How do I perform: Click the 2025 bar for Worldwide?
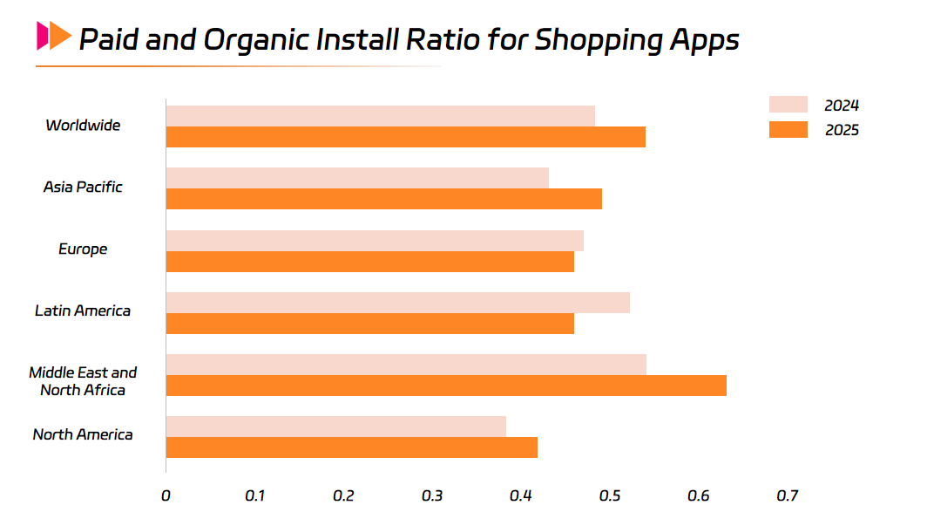point(405,137)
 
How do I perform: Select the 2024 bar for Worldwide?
point(380,116)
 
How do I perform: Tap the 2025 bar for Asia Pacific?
point(383,199)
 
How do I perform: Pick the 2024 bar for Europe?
point(375,241)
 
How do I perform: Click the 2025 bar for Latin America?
point(369,324)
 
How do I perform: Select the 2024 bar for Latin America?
point(397,303)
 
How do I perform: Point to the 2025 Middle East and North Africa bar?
point(446,386)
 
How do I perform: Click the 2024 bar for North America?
point(335,427)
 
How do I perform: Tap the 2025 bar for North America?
point(351,447)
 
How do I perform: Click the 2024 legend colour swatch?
point(788,105)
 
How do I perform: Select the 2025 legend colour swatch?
point(788,130)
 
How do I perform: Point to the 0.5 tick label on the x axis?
point(610,495)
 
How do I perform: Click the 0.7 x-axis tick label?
point(788,495)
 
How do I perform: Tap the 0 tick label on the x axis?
point(166,495)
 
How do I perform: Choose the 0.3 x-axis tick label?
point(432,495)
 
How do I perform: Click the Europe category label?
point(83,249)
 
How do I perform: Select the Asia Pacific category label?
point(83,187)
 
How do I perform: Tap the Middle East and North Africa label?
point(83,381)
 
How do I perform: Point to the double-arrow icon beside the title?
point(53,36)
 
